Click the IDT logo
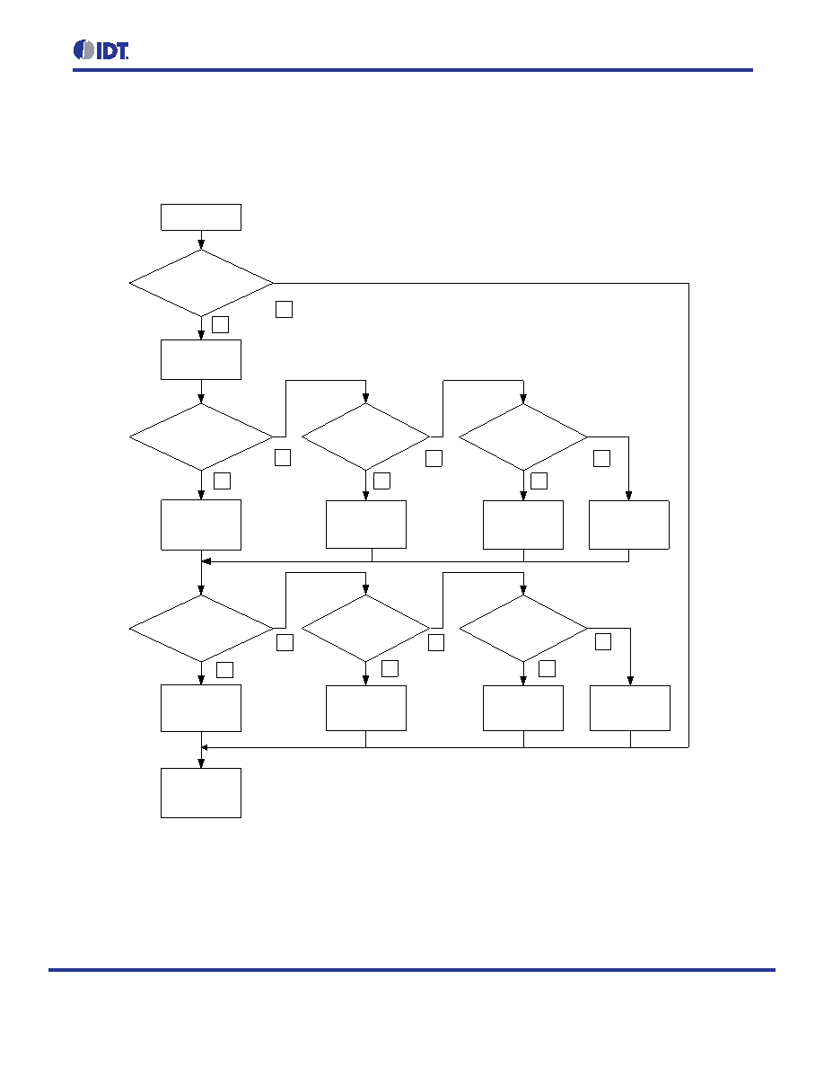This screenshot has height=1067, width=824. pyautogui.click(x=101, y=50)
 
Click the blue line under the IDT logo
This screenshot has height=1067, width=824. pyautogui.click(x=413, y=70)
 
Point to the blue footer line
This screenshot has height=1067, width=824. pyautogui.click(x=412, y=970)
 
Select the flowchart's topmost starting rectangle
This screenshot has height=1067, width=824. pyautogui.click(x=200, y=217)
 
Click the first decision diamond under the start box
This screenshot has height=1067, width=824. pyautogui.click(x=201, y=283)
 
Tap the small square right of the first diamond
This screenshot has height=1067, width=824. pyautogui.click(x=285, y=310)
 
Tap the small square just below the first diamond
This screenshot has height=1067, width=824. pyautogui.click(x=220, y=324)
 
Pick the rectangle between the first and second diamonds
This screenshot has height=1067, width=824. pyautogui.click(x=200, y=360)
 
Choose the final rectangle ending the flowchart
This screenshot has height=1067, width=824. pyautogui.click(x=200, y=793)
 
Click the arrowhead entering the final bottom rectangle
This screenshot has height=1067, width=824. pyautogui.click(x=201, y=763)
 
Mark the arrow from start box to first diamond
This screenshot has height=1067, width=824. pyautogui.click(x=201, y=240)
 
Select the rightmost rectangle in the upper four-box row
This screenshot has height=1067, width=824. pyautogui.click(x=629, y=525)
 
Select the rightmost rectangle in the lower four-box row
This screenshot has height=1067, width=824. pyautogui.click(x=629, y=709)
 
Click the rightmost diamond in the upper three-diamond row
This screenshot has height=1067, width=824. pyautogui.click(x=523, y=436)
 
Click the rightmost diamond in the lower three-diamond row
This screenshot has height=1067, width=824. pyautogui.click(x=523, y=628)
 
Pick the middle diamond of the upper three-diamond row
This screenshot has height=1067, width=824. pyautogui.click(x=365, y=436)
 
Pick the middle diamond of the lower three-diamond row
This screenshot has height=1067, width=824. pyautogui.click(x=365, y=628)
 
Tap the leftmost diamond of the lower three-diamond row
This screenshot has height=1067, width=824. pyautogui.click(x=201, y=628)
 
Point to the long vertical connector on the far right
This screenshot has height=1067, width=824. pyautogui.click(x=688, y=516)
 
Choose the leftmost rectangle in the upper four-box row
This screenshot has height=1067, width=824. pyautogui.click(x=200, y=525)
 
